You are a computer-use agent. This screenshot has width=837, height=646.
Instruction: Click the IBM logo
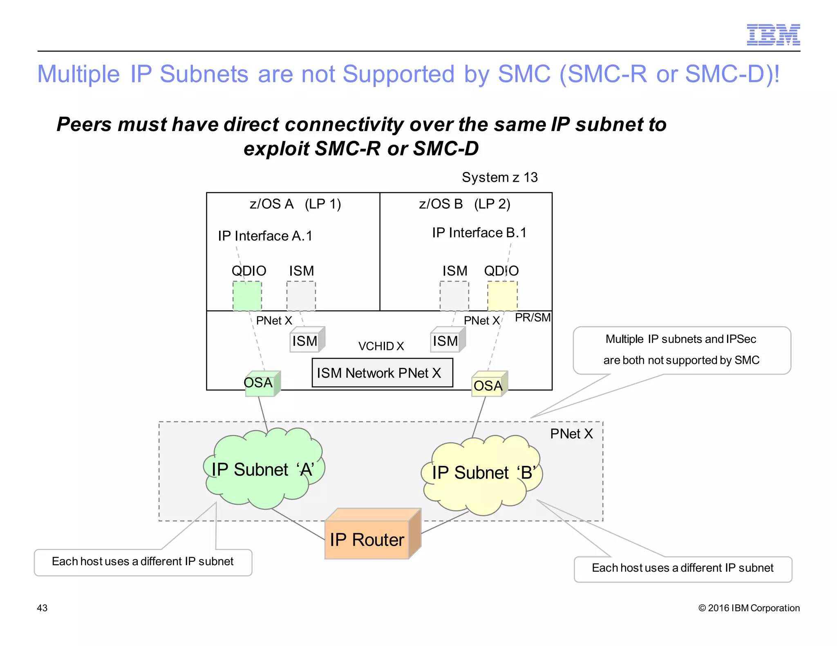773,35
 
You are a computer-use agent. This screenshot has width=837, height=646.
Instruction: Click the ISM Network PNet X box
382,372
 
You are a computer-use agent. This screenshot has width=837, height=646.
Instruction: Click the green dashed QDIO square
247,296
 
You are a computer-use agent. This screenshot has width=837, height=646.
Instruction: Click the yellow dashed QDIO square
502,296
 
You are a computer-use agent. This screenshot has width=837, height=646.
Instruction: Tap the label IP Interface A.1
265,236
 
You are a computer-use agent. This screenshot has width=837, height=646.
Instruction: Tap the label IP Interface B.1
479,233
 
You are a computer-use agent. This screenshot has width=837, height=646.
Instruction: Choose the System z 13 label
499,177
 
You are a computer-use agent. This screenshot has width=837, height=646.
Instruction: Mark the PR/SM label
533,317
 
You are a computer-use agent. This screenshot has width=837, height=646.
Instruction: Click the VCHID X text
381,346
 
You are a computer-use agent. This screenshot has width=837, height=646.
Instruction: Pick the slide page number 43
42,608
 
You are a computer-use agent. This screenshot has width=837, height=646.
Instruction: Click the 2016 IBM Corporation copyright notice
749,608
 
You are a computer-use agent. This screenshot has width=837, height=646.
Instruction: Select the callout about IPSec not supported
681,350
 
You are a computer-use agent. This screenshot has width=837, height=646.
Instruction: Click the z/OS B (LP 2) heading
464,204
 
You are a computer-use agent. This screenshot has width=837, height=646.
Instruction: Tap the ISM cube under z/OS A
306,341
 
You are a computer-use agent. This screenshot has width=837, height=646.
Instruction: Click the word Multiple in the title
78,74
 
